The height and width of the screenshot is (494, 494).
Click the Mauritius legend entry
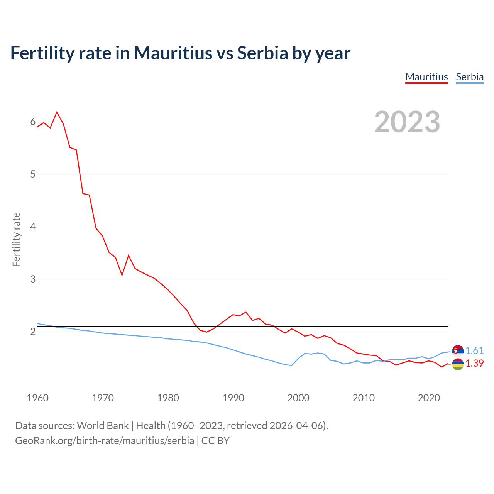point(426,77)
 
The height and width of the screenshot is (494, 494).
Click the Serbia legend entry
point(470,77)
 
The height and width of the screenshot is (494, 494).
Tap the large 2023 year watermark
point(407,122)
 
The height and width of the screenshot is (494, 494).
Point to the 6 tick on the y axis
point(33,122)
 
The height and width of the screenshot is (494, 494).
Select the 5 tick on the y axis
point(33,174)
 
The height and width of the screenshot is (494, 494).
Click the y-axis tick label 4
point(33,227)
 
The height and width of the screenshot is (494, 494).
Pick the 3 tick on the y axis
point(33,279)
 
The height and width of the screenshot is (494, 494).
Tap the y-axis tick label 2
point(33,332)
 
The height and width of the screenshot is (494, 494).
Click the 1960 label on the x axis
point(37,398)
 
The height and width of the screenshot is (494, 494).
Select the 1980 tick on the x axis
point(168,398)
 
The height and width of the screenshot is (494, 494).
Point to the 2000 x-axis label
point(298,398)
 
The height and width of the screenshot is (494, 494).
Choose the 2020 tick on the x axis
point(429,398)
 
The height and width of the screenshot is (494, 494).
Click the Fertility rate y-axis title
point(16,239)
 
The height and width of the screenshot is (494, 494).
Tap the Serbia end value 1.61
point(474,350)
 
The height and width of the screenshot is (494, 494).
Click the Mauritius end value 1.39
point(474,364)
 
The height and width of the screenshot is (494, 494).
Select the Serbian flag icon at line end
point(458,350)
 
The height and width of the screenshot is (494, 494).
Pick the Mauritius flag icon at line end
point(458,364)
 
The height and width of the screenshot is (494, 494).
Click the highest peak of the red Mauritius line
point(57,112)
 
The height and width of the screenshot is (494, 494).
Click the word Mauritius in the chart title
point(173,53)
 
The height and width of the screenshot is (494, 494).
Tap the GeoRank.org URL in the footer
point(105,441)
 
